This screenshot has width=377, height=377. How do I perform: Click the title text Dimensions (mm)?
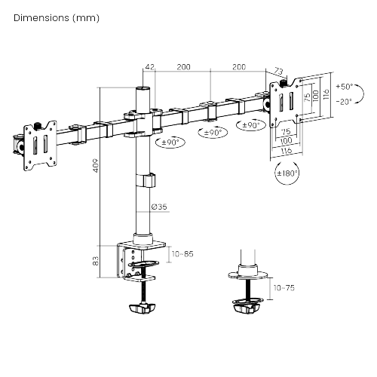pos(55,17)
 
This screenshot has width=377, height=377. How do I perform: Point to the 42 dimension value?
pos(149,68)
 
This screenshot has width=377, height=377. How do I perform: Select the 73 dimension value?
pos(280,70)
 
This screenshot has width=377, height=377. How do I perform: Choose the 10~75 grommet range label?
pos(284,287)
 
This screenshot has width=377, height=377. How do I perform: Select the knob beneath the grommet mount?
pos(247,305)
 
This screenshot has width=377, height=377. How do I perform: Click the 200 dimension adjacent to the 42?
pos(182,68)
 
